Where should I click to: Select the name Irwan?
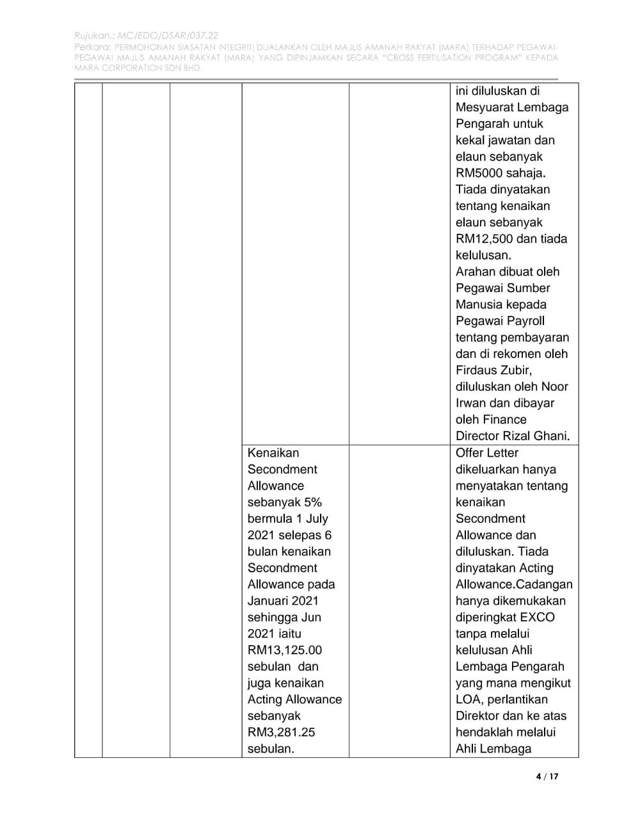[x=472, y=403]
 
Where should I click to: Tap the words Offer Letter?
[x=487, y=453]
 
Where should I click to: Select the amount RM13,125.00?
[x=285, y=650]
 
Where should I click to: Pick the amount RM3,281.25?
[x=282, y=732]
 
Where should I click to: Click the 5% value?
[x=310, y=502]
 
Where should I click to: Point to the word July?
[x=316, y=519]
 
